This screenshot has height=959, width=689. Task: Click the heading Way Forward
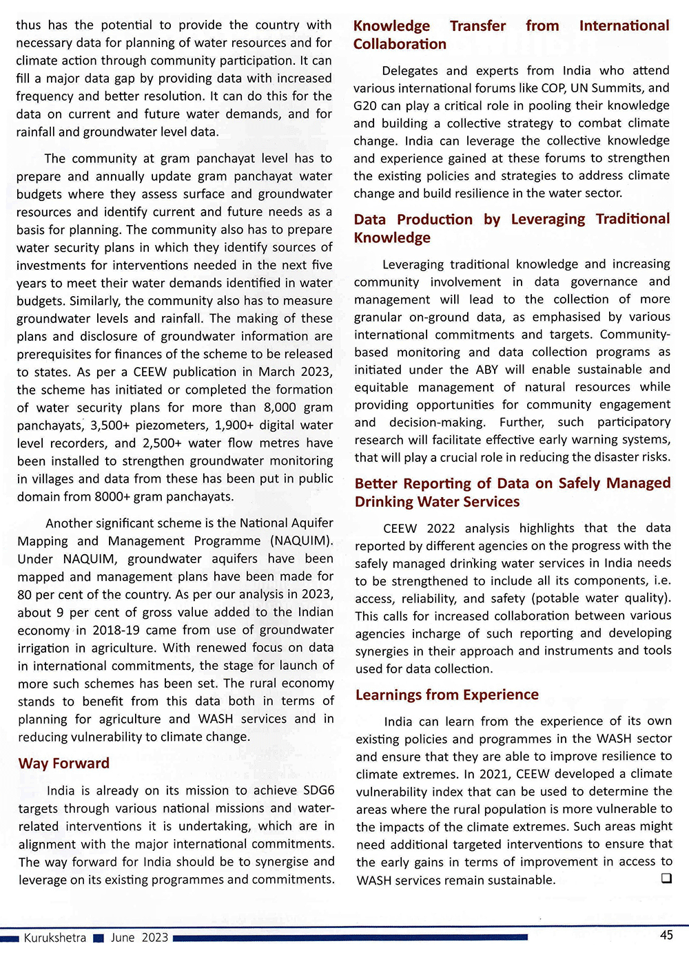tap(63, 763)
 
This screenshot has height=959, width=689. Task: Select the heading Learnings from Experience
tap(446, 695)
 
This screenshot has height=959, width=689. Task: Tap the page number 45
tap(666, 935)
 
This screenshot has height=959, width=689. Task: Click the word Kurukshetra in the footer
tap(55, 938)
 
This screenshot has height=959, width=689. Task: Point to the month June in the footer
tap(123, 938)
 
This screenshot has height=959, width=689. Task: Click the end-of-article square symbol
tap(666, 878)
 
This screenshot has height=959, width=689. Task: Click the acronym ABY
tap(486, 370)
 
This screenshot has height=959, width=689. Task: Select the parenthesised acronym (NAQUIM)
tap(302, 541)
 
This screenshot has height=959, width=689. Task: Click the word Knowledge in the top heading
tap(391, 26)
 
